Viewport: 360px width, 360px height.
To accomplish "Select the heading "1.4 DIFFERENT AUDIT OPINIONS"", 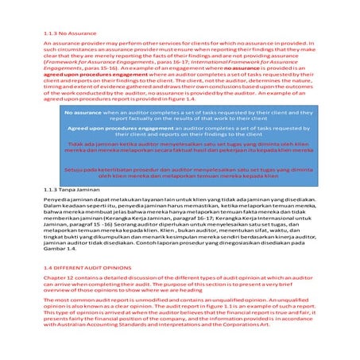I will (85, 269).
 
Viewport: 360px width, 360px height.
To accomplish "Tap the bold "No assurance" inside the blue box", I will (82, 114).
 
